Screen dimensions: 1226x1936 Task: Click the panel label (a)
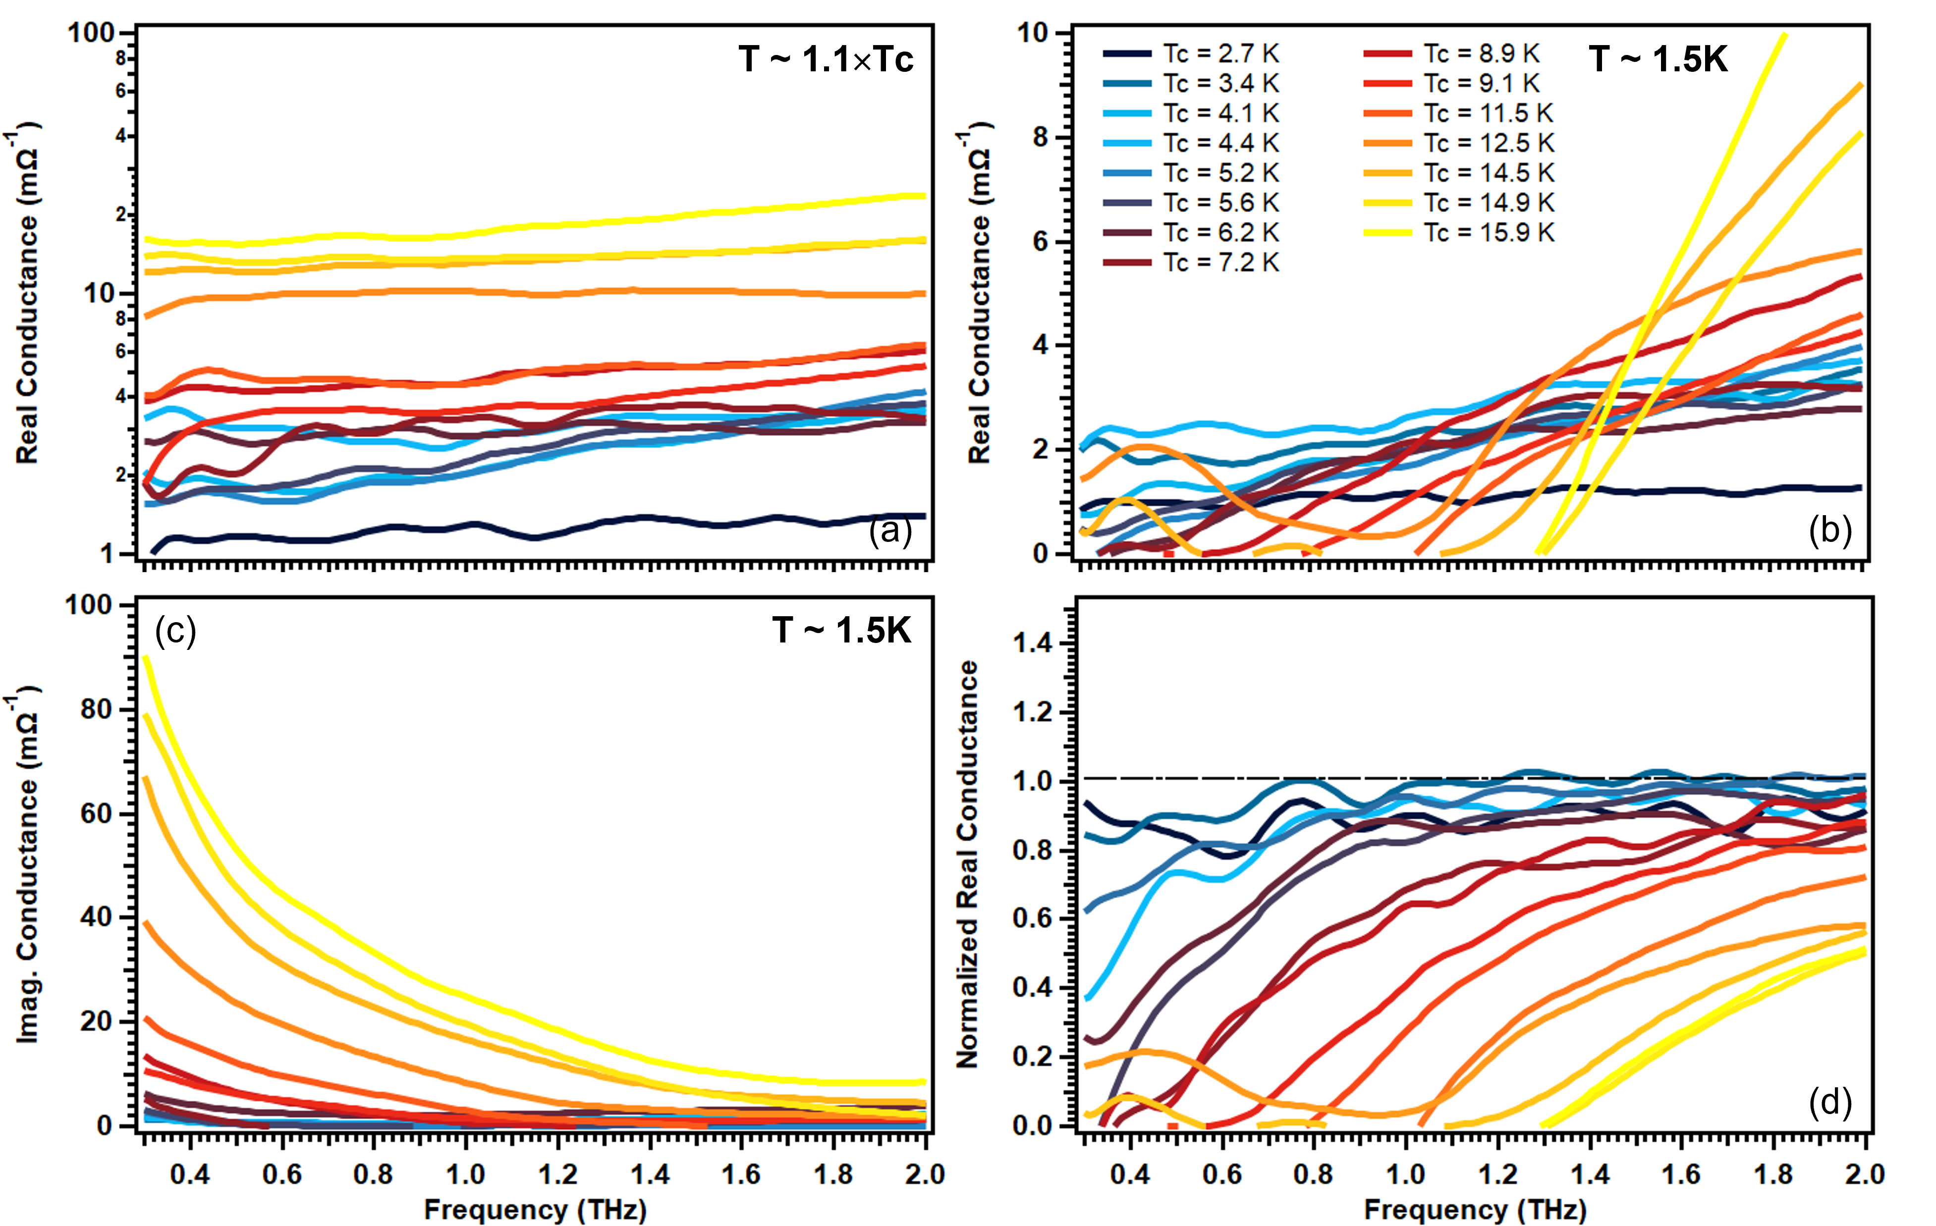click(x=890, y=532)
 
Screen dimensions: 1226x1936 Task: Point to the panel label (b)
click(x=1830, y=530)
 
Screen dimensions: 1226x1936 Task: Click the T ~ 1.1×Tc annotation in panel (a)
click(x=826, y=59)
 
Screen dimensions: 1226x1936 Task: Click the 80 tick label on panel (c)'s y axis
click(x=97, y=710)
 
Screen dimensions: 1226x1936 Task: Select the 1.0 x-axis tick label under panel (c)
click(x=465, y=1174)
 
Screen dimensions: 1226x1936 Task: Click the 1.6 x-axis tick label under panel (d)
click(x=1681, y=1174)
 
